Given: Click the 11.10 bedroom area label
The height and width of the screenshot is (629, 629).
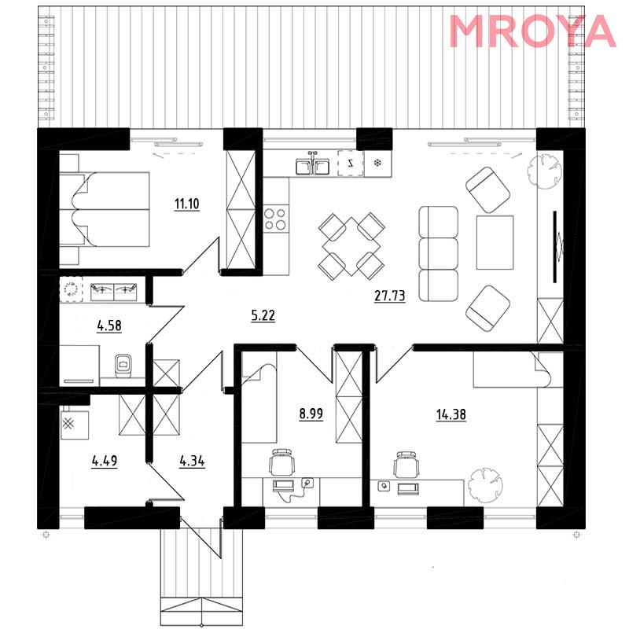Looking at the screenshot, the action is (x=187, y=204).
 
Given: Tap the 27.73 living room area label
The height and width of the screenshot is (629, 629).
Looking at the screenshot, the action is (x=389, y=296).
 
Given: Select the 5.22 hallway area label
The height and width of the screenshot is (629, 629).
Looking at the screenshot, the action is (x=263, y=316).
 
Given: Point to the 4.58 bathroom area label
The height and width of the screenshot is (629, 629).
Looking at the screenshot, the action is (x=109, y=326).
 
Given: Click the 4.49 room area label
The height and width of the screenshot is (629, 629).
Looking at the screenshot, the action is (x=105, y=461).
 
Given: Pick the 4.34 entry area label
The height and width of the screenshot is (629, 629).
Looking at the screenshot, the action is (x=192, y=462).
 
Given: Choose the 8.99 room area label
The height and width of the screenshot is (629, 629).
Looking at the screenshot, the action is (x=311, y=414).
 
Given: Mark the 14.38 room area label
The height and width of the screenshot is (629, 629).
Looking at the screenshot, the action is (x=451, y=414).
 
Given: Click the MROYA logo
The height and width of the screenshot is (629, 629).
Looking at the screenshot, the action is (x=532, y=31).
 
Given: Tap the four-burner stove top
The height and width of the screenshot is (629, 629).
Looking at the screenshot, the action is (x=276, y=219).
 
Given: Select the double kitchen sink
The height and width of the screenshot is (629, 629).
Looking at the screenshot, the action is (x=313, y=165).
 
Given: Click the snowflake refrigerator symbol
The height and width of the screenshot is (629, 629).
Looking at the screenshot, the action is (x=377, y=163).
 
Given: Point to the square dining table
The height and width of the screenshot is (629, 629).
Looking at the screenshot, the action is (x=351, y=246).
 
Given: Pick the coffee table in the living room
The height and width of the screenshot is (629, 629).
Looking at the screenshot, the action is (x=495, y=242).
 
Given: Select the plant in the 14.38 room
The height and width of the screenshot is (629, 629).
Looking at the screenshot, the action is (x=486, y=485).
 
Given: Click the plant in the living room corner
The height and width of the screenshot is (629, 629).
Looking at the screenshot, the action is (x=544, y=171).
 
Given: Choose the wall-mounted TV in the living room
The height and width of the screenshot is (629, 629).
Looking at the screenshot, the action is (x=556, y=247).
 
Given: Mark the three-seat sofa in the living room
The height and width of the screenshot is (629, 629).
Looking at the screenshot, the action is (x=438, y=253).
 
